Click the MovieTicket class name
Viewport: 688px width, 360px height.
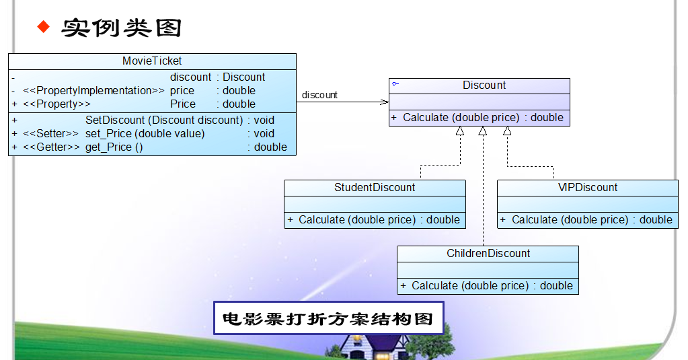(152, 61)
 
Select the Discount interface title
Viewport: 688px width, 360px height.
(484, 85)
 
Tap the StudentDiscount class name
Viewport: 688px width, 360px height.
(375, 188)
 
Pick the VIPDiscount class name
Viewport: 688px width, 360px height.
(588, 188)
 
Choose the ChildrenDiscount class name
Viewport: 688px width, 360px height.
(488, 254)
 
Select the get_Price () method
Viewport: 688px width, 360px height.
(114, 147)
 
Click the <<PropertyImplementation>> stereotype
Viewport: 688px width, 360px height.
(93, 91)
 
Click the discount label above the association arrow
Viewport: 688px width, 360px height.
(319, 95)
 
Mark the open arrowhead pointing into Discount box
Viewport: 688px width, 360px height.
(385, 102)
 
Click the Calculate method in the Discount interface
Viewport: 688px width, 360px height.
(461, 118)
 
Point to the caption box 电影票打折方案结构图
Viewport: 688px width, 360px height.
(328, 318)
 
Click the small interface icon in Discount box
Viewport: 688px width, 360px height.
(395, 84)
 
